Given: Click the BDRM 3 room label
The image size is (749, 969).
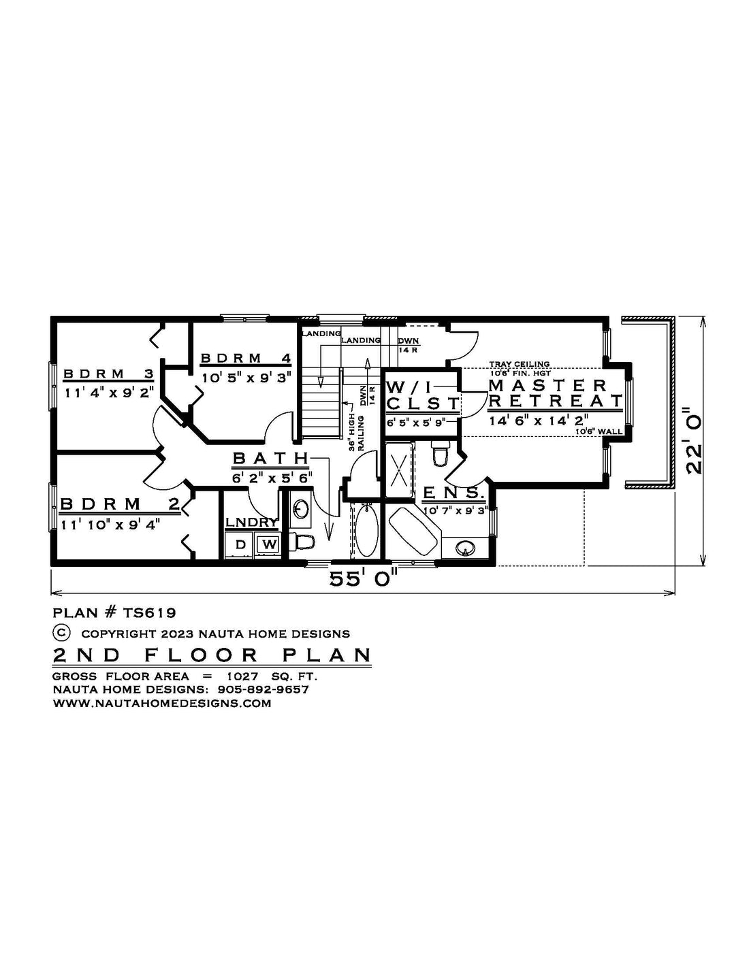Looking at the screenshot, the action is [x=108, y=374].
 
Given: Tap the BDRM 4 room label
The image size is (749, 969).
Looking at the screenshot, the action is [x=246, y=358].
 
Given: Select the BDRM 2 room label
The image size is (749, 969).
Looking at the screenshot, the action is [x=120, y=504].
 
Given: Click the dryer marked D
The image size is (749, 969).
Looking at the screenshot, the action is [x=240, y=544].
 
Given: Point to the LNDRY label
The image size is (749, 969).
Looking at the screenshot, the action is [x=252, y=523].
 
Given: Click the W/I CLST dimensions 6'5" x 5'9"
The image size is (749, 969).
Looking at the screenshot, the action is [x=416, y=422].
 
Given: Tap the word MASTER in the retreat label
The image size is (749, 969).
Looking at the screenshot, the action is [x=548, y=385].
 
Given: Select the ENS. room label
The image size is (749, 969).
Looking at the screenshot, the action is [x=453, y=493].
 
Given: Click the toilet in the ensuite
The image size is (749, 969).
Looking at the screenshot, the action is [x=441, y=453].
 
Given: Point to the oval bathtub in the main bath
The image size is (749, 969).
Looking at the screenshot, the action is [x=367, y=530].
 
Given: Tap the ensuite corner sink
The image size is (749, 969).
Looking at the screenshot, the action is [x=466, y=548].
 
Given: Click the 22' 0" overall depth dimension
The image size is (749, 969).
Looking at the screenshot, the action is [x=694, y=440].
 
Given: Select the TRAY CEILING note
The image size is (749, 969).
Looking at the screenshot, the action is [x=520, y=364].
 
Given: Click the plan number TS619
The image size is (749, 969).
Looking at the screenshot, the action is [x=149, y=612].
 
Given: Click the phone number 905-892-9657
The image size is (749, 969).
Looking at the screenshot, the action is [x=264, y=689].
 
